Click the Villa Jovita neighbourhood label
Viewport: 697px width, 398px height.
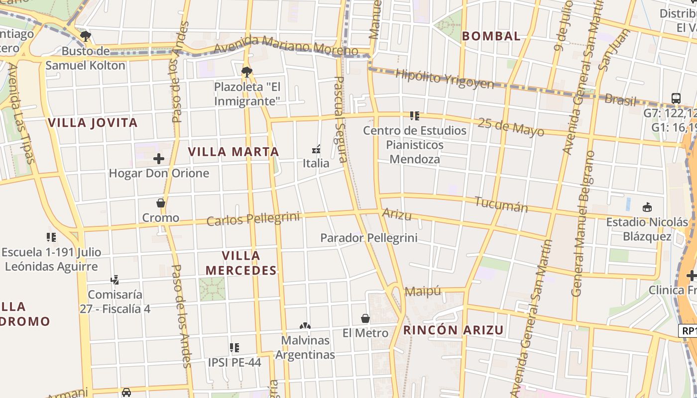93,123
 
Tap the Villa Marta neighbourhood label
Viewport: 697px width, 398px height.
233,152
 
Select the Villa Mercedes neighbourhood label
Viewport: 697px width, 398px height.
241,263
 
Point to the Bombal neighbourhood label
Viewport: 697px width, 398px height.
491,36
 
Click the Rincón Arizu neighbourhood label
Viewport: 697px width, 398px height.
453,330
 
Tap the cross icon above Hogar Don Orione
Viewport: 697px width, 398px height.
159,159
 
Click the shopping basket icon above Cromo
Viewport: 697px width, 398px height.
160,203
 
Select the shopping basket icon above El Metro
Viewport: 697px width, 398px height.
365,318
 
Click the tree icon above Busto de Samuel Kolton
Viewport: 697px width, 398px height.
86,36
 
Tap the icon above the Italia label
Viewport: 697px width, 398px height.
316,149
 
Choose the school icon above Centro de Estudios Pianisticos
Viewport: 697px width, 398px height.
414,116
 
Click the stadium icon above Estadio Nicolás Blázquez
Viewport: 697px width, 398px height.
647,207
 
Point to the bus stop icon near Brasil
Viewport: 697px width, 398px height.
676,98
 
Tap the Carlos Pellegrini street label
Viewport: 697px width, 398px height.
253,219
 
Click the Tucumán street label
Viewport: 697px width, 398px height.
501,204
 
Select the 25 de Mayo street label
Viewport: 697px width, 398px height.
511,127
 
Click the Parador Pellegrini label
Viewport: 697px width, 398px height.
368,238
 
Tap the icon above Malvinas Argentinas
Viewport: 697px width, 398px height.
305,326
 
